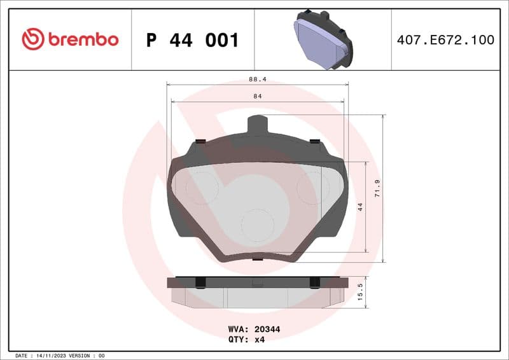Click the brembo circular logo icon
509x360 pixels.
point(32,39)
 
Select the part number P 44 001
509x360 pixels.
point(192,40)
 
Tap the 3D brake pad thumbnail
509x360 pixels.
point(322,39)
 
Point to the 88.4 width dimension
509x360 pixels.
point(257,80)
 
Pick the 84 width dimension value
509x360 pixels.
point(257,96)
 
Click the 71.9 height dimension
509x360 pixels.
point(377,188)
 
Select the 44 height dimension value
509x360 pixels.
point(361,207)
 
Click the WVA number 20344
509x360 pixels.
point(268,329)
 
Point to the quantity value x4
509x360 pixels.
point(259,340)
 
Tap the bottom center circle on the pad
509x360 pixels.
point(258,225)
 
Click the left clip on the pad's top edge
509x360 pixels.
point(200,141)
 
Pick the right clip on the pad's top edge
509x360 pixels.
point(314,141)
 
